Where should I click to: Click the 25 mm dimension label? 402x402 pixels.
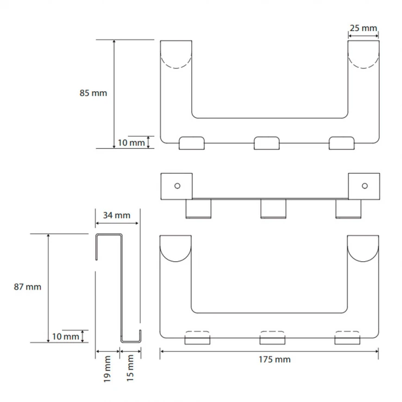click(363, 28)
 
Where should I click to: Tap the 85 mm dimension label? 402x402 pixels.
click(93, 93)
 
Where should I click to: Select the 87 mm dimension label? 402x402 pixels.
click(27, 287)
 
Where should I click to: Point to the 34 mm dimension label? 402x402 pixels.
click(117, 215)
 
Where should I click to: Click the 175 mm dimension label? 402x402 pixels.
click(274, 360)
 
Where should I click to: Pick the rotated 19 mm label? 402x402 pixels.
click(107, 369)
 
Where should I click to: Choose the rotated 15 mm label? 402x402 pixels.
click(130, 368)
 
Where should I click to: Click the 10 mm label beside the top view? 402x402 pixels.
click(131, 142)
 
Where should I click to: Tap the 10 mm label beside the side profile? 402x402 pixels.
click(66, 336)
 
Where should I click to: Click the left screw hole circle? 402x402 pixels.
click(177, 186)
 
